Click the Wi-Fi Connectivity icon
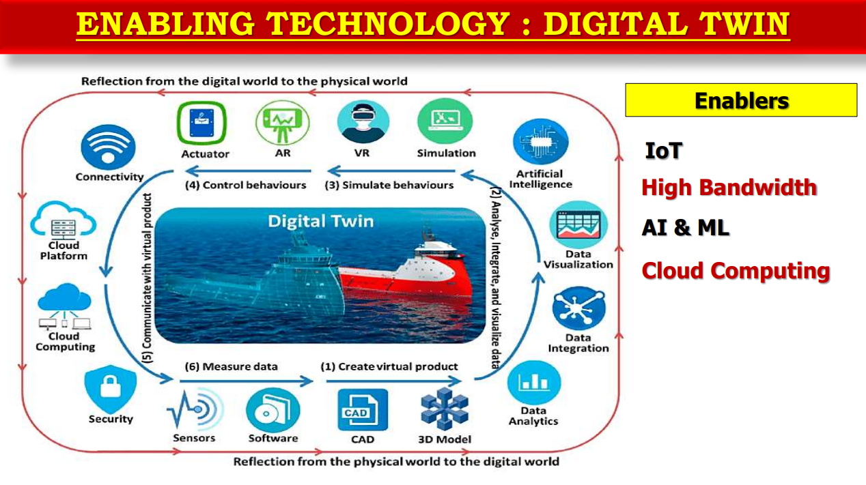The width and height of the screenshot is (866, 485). [x=108, y=147]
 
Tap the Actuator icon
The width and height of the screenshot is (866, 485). [x=201, y=123]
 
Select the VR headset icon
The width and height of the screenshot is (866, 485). [x=363, y=121]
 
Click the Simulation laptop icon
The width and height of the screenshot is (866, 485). [x=445, y=121]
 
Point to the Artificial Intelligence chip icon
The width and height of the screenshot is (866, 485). [x=540, y=142]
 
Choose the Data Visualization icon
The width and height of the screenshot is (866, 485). [x=578, y=224]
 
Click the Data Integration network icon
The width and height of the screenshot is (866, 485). [x=578, y=308]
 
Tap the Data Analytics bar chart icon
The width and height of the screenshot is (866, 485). [x=534, y=383]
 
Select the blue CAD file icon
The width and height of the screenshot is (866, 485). [x=363, y=410]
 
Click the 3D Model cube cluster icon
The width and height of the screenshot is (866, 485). [x=445, y=409]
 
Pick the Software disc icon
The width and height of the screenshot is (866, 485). [x=273, y=410]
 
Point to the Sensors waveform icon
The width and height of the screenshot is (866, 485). [x=195, y=409]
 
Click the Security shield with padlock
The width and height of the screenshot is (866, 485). [x=111, y=388]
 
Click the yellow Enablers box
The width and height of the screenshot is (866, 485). [x=741, y=100]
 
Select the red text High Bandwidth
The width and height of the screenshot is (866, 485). [x=729, y=188]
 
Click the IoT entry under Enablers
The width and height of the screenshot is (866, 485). [x=663, y=151]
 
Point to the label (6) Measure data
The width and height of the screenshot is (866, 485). [x=232, y=366]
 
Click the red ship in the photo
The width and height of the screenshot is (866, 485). [x=406, y=270]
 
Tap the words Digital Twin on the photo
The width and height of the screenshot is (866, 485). [x=321, y=221]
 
